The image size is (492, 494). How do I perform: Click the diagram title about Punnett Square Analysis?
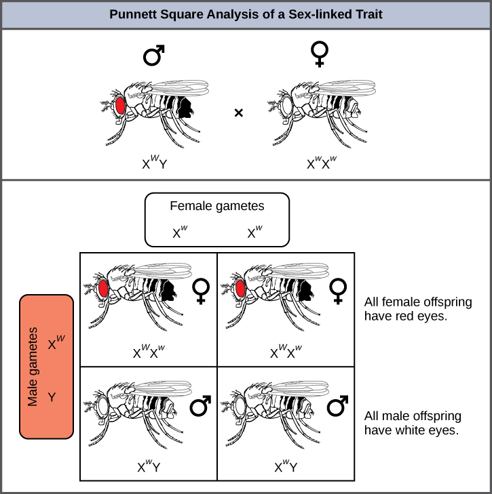click(246, 14)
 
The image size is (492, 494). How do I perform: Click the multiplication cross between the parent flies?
click(238, 113)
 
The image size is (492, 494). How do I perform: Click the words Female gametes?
click(217, 206)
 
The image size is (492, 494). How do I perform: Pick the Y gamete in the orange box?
click(52, 396)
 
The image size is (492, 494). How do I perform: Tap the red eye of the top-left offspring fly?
click(103, 289)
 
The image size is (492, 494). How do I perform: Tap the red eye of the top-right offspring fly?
click(240, 289)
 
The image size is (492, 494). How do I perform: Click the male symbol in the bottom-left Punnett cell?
click(199, 406)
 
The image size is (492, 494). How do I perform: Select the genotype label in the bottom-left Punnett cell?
click(149, 466)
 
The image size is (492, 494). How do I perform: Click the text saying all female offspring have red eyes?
click(417, 309)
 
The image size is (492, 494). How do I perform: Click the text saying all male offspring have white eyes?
click(413, 423)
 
